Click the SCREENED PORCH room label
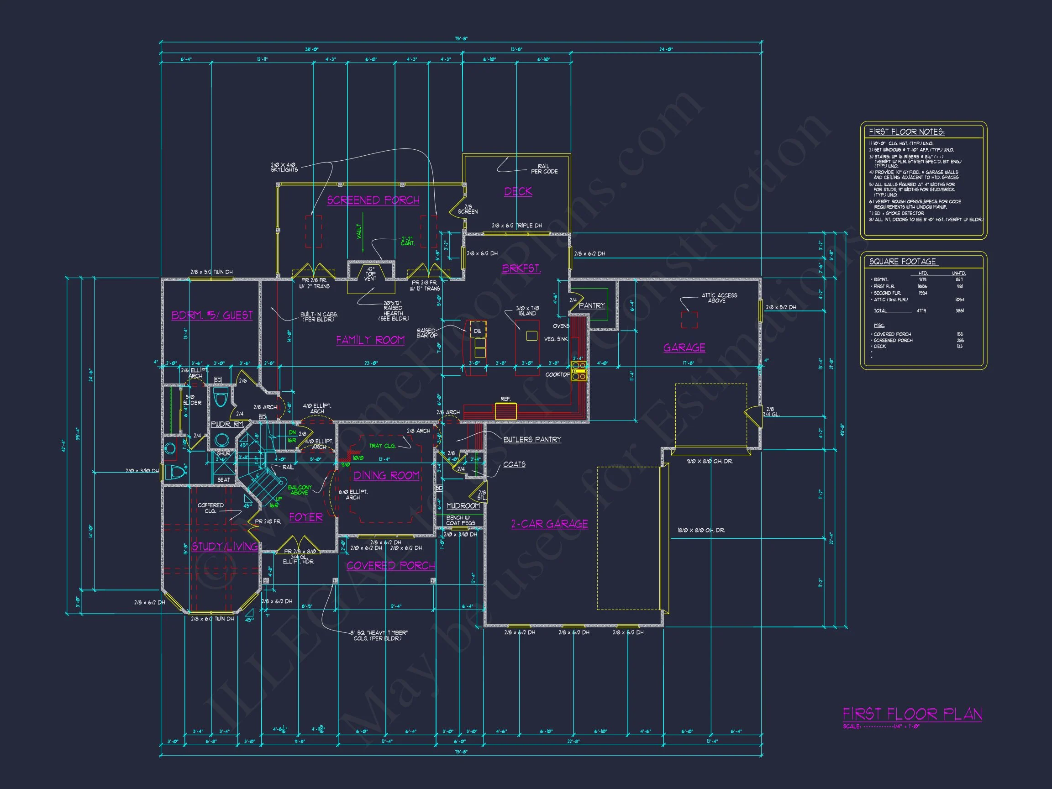373,200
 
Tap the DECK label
518,191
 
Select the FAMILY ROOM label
370,340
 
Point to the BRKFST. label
521,268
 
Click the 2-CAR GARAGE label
549,524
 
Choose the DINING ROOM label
386,476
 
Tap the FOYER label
306,517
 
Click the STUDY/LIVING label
225,547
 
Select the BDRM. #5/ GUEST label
212,316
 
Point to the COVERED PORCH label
390,566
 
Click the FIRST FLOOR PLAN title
912,714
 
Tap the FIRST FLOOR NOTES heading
906,132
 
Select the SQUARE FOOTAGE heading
902,262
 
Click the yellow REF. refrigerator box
505,411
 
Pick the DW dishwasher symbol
478,330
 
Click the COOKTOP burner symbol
579,371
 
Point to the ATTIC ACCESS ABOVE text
719,298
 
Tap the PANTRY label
591,306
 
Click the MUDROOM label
463,505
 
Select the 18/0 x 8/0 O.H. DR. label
700,530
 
